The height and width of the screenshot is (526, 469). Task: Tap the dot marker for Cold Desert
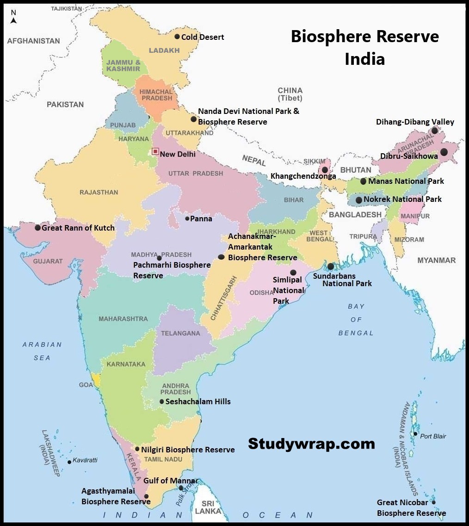pos(177,37)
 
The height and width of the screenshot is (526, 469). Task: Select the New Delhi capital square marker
pos(155,151)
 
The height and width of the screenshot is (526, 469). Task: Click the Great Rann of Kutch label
pos(78,228)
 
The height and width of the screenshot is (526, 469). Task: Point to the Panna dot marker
pos(187,219)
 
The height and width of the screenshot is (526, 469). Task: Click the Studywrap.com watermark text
pos(311,444)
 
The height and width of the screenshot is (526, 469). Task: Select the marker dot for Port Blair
pos(415,434)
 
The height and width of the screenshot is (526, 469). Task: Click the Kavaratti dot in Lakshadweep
pos(69,462)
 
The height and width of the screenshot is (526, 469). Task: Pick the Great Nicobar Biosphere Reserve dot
pos(433,502)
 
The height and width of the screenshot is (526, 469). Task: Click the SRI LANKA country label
pos(208,507)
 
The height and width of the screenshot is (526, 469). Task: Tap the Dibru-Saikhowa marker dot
pos(444,152)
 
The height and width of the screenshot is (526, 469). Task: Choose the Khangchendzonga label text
pos(303,176)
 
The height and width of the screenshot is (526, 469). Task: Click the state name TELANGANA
pos(180,333)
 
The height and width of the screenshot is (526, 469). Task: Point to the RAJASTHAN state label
pos(99,192)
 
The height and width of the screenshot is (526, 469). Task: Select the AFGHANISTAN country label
pos(33,41)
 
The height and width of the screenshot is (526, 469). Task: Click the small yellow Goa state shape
pos(96,381)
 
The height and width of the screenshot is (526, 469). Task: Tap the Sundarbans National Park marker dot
pos(330,266)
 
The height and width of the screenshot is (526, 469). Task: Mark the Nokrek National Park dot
pos(358,200)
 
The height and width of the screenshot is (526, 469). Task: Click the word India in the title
pos(364,59)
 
